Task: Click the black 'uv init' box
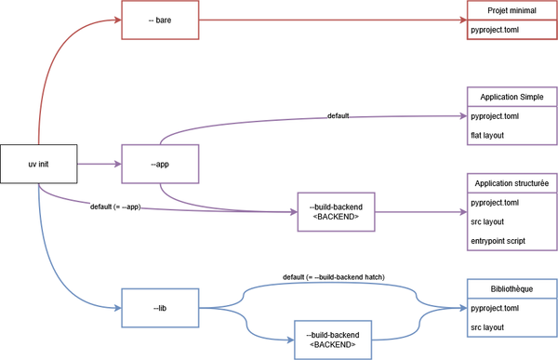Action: pyautogui.click(x=38, y=164)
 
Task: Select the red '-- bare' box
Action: pyautogui.click(x=160, y=20)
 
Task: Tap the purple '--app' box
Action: pyautogui.click(x=160, y=164)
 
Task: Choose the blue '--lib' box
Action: pyautogui.click(x=160, y=306)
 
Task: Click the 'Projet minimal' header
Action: pyautogui.click(x=511, y=11)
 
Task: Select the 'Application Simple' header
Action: pyautogui.click(x=511, y=97)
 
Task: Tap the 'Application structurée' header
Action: pyautogui.click(x=511, y=183)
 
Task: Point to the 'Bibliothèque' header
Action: pyautogui.click(x=511, y=287)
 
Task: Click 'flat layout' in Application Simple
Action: pyautogui.click(x=489, y=137)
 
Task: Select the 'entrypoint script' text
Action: pyautogui.click(x=498, y=241)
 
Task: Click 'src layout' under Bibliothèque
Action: pyautogui.click(x=489, y=327)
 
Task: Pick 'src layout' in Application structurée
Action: pyautogui.click(x=489, y=222)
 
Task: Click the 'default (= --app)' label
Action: pyautogui.click(x=116, y=205)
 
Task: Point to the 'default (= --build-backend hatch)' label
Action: pyautogui.click(x=333, y=276)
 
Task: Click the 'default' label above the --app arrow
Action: pyautogui.click(x=339, y=116)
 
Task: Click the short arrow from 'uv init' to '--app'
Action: pyautogui.click(x=99, y=164)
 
